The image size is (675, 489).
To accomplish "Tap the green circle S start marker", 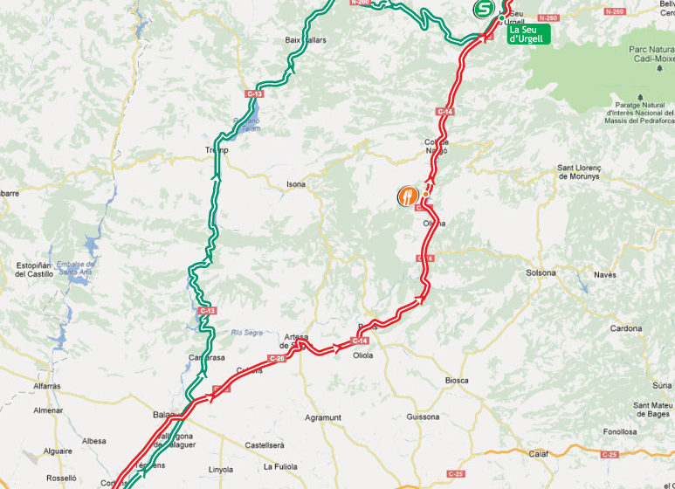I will click(x=482, y=10).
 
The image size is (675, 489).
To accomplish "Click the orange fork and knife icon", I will click(x=407, y=195).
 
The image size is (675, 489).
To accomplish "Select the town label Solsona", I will click(x=541, y=272).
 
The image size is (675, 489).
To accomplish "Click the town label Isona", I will click(x=297, y=184).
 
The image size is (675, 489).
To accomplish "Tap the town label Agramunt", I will click(x=323, y=417).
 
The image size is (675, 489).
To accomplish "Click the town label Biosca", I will click(x=457, y=380).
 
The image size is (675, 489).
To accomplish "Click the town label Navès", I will click(x=605, y=274).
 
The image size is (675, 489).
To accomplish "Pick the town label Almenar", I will click(x=47, y=410).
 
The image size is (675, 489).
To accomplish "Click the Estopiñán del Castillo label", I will click(x=34, y=269).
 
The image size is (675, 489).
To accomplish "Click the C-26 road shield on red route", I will click(x=277, y=359).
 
